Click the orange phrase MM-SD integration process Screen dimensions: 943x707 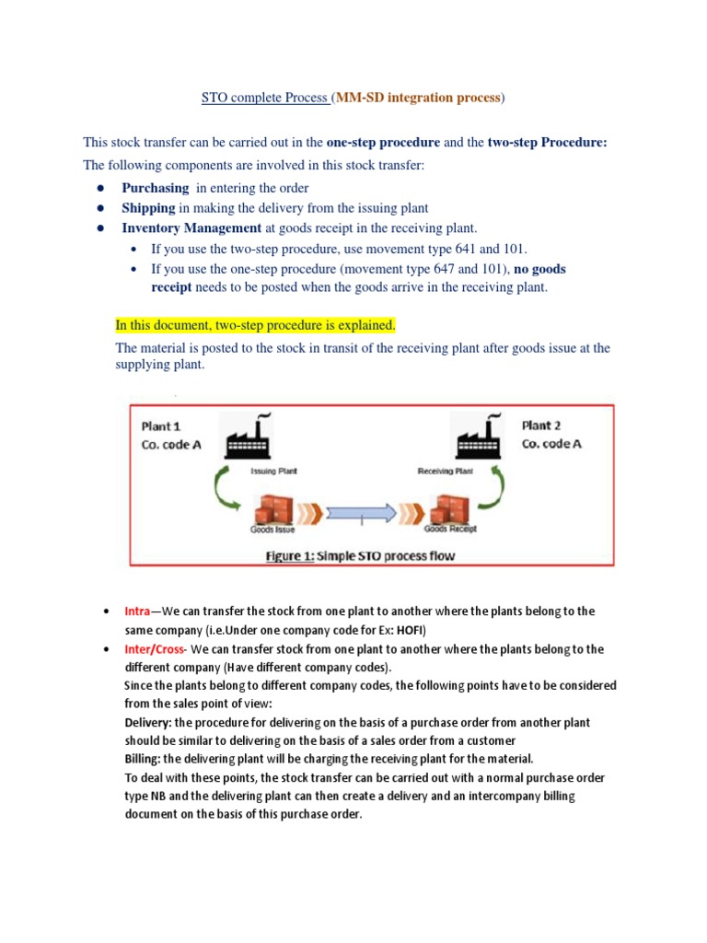(418, 97)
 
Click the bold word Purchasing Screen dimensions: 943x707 (155, 188)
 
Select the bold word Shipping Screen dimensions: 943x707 (148, 208)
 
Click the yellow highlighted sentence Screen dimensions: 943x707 (255, 325)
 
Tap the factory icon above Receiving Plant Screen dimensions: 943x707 (475, 437)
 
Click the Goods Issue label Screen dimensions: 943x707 (273, 530)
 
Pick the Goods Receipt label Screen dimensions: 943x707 (450, 530)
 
